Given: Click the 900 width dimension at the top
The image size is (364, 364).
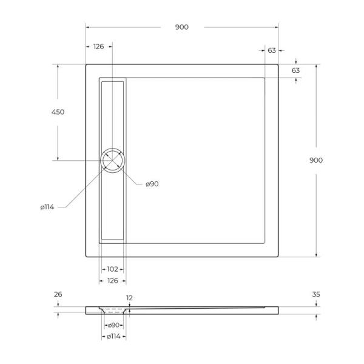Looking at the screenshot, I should point(182,27).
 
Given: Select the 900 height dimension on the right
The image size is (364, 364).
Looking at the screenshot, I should point(316,160).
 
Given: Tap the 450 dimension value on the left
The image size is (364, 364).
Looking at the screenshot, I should point(58,112).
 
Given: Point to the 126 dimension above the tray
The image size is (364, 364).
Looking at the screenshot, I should point(99,47).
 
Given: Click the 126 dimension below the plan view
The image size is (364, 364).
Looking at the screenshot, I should point(113,280).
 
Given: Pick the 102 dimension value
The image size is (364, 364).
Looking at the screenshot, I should point(112,269).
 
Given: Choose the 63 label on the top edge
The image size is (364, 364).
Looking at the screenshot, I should point(272,50).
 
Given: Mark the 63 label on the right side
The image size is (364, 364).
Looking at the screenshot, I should point(296,70).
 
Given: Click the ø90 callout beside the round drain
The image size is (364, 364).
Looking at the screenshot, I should point(152,184).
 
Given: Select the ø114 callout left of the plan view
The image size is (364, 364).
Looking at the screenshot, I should point(47,207).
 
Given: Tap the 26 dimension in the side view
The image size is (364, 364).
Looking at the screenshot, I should point(58,294).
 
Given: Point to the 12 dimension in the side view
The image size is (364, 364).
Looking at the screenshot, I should point(129,297).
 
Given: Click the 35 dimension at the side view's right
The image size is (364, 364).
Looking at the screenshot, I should point(316,294).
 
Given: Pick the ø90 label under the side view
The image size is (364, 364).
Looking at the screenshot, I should point(113,326).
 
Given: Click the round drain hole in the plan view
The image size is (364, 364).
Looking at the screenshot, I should point(113,161).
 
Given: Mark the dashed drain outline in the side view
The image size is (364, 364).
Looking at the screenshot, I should point(113,309).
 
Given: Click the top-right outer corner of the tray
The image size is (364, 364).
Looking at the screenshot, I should point(278,64).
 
